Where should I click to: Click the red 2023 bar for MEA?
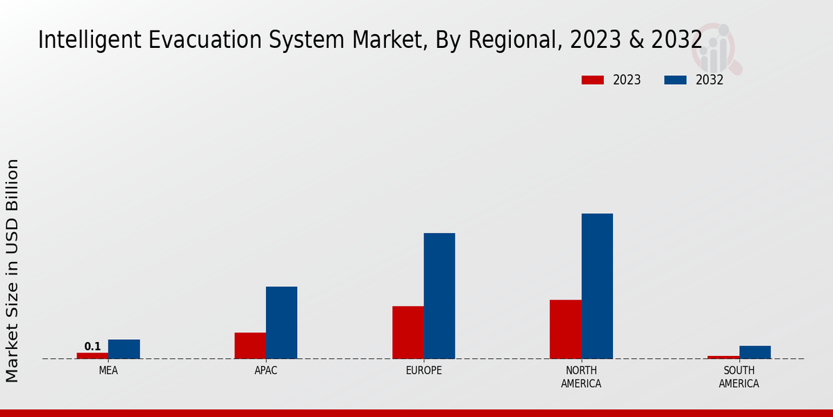(x=92, y=355)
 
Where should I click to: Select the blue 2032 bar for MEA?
(x=124, y=349)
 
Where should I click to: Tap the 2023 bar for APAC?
(x=250, y=345)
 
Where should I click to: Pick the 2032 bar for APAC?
(x=281, y=322)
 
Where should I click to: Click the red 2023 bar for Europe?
(x=407, y=332)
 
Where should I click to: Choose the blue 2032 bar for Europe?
(x=439, y=295)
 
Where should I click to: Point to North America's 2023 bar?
(x=565, y=329)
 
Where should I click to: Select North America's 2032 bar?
(x=597, y=286)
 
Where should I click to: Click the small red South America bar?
(x=723, y=357)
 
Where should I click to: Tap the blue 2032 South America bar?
(x=755, y=352)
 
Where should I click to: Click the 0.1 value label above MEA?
(x=92, y=346)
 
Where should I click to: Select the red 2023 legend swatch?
(x=593, y=80)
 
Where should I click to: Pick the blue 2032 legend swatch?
(x=675, y=80)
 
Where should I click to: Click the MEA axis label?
(x=108, y=370)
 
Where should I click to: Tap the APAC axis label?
(x=266, y=370)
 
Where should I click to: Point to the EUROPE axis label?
(x=423, y=370)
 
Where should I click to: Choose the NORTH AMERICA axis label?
(x=581, y=377)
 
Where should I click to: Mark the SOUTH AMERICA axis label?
(x=739, y=377)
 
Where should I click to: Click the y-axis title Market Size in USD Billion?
(x=12, y=270)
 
